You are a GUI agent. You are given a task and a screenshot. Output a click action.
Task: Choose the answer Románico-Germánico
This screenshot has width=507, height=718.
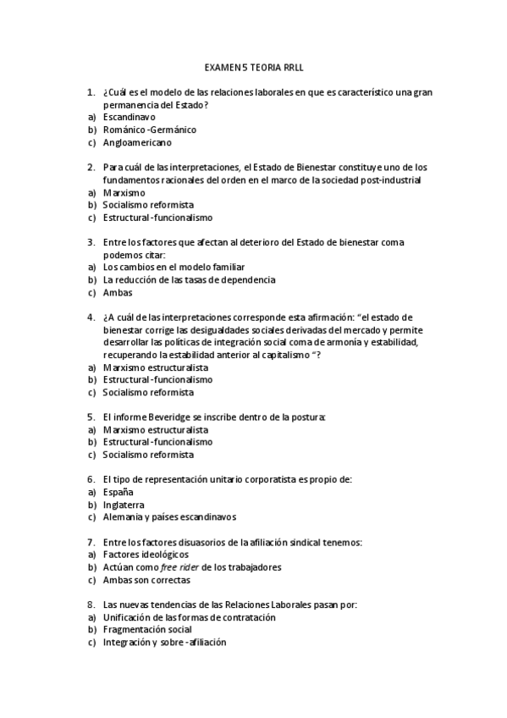click(x=149, y=130)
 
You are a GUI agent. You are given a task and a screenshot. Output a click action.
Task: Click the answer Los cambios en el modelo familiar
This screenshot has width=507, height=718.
click(x=174, y=267)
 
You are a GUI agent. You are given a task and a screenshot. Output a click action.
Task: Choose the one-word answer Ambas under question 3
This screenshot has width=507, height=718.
click(x=118, y=292)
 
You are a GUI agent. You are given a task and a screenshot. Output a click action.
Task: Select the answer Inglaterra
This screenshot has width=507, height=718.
click(x=124, y=504)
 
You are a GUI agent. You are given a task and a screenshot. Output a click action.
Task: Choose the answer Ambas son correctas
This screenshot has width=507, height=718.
click(x=146, y=580)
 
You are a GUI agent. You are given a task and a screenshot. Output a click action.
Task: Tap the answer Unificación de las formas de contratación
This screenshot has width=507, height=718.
click(x=189, y=617)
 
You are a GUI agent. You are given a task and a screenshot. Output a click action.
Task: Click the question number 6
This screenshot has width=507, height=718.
click(x=91, y=479)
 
